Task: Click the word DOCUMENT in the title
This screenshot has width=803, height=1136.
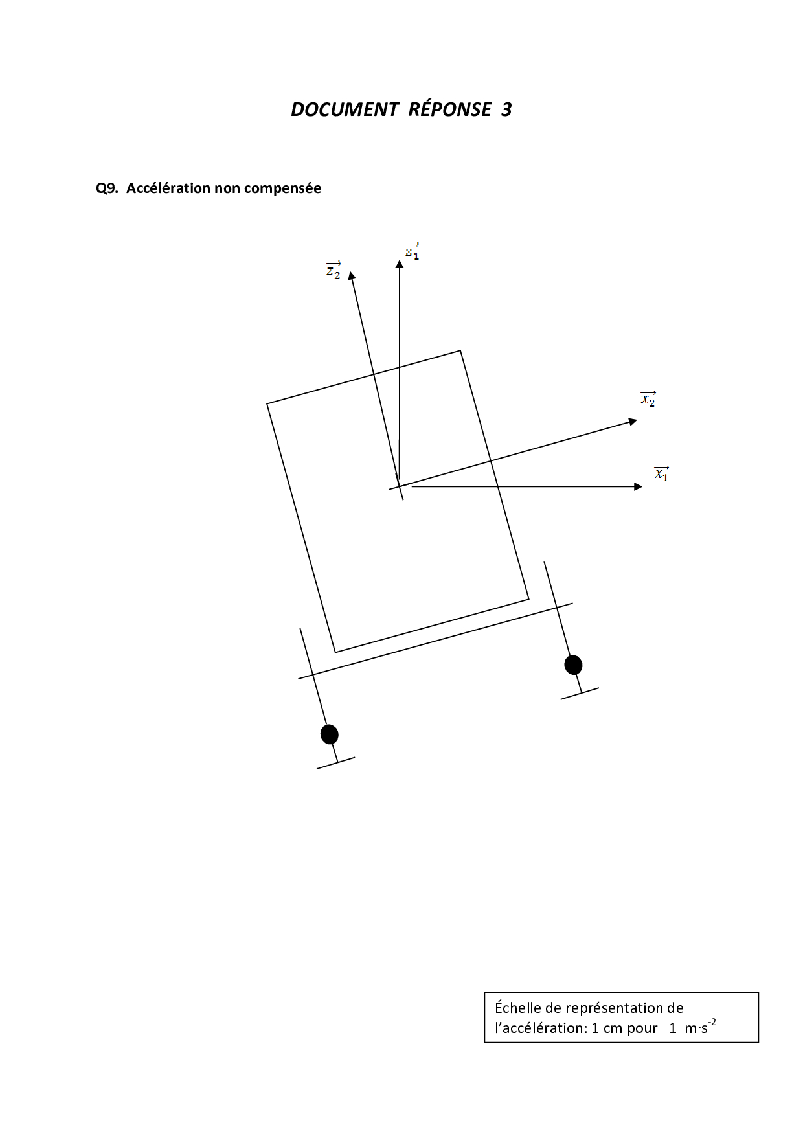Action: (x=344, y=109)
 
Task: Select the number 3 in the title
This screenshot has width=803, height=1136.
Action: (x=506, y=109)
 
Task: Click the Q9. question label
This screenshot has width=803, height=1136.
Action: (x=107, y=188)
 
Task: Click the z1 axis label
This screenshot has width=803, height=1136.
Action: (x=412, y=251)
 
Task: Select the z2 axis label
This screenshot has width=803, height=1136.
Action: (x=333, y=270)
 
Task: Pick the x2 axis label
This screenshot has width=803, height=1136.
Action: (x=648, y=399)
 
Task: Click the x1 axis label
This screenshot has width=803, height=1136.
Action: (x=661, y=473)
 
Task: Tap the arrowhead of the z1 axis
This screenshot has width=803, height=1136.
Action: (x=400, y=264)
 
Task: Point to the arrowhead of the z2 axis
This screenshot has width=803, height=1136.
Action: (x=352, y=275)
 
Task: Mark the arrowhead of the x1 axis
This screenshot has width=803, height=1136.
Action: (x=639, y=486)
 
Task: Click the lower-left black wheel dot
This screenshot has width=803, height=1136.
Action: (x=330, y=734)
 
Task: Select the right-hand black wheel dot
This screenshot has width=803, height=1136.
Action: (x=573, y=665)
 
